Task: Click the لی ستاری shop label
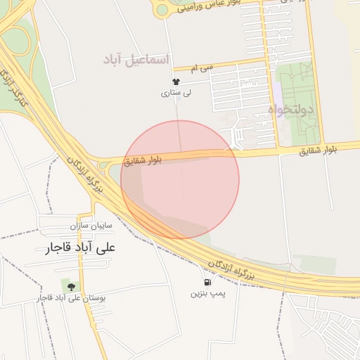coord(175,93)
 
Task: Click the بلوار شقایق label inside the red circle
coord(144,160)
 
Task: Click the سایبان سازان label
coord(91,226)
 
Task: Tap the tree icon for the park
coord(70,285)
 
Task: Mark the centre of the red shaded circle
coord(180,179)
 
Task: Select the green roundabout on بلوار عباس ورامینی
coord(164,8)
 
